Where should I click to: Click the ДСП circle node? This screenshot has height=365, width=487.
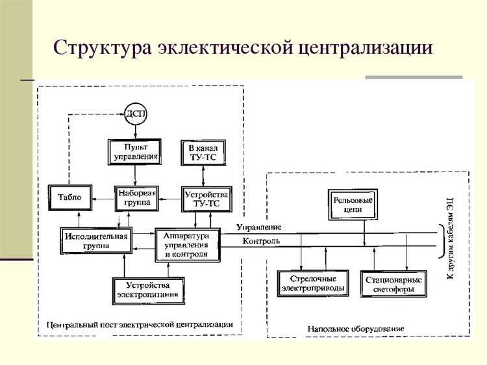coord(136,114)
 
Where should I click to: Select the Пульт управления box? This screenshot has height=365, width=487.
coord(134,151)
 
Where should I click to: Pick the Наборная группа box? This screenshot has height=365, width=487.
coord(136,197)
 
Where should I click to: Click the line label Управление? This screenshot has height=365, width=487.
coord(258,227)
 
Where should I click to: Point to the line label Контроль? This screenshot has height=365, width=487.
coord(262,242)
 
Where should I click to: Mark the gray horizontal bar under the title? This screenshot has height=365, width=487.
coord(414,78)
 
